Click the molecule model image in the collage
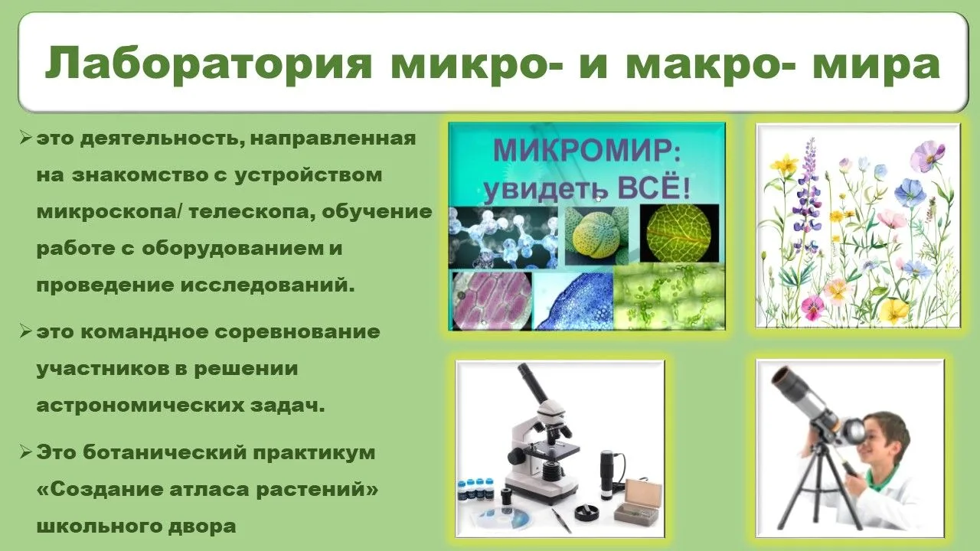[504, 237]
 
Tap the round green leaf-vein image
[678, 233]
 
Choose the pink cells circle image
[492, 301]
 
